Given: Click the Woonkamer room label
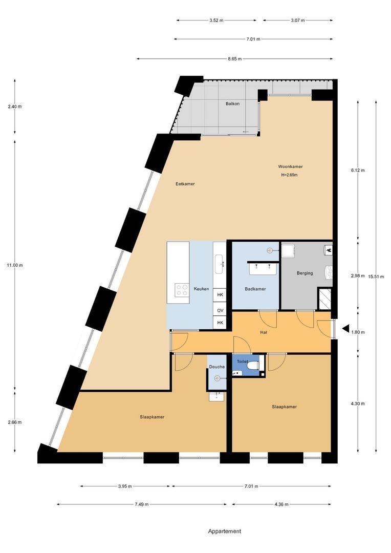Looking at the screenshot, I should [290, 166].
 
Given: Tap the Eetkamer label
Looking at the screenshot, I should [185, 183].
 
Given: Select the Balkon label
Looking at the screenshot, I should [232, 103].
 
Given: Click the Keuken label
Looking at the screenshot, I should [201, 289].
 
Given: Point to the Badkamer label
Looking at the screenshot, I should [255, 289].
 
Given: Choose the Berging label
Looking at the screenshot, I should [305, 273].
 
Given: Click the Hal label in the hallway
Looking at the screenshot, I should [264, 332].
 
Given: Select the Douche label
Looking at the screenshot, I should [216, 367].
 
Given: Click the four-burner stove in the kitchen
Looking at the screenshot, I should [182, 290].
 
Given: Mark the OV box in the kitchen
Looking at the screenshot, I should [220, 310].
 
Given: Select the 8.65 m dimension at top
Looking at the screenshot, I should [235, 59].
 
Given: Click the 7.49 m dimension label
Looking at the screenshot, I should [142, 504].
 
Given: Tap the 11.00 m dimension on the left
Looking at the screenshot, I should [15, 265].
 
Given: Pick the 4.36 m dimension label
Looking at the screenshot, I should [281, 504].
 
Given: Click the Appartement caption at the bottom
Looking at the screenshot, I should [224, 531].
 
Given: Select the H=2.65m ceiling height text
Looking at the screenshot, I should [289, 175].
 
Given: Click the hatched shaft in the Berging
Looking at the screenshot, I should [324, 299].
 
